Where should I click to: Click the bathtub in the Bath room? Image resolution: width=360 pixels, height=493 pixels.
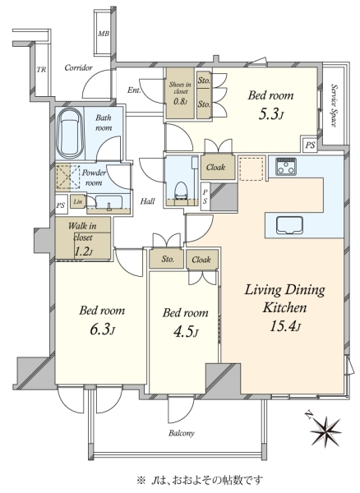point(71,134)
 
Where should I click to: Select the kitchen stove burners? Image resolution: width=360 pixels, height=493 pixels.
point(286,166)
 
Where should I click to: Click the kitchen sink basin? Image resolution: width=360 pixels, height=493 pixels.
point(289,225)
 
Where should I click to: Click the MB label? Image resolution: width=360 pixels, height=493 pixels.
point(104,33)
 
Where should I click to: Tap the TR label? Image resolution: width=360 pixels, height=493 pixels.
point(41,70)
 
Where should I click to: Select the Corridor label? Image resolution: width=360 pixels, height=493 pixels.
point(79,67)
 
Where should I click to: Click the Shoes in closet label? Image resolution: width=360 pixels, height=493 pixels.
point(180,88)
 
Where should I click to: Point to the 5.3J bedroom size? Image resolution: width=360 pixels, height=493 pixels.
point(271,115)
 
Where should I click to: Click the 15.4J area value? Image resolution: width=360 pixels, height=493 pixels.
point(285,325)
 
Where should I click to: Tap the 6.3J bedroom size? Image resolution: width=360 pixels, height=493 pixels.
point(102,329)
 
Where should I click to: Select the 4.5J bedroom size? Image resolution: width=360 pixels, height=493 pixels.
point(186,332)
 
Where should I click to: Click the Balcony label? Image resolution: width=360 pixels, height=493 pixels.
point(182,433)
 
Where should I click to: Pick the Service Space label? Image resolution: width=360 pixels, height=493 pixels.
point(335,106)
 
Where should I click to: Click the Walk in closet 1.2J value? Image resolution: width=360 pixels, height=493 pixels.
point(83,251)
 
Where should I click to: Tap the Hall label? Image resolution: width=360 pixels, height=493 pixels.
point(147,201)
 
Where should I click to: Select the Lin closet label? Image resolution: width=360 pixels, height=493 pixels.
point(78,201)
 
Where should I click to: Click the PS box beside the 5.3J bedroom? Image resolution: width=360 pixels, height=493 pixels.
point(310,145)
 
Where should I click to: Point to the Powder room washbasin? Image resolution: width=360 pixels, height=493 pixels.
point(108,203)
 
